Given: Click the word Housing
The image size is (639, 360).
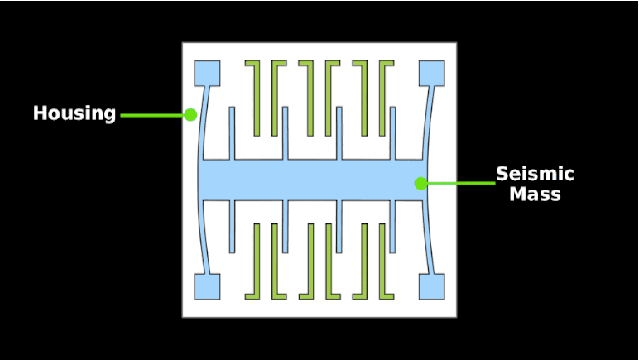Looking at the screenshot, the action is [x=74, y=113].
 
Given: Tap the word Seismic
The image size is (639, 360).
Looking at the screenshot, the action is [x=535, y=175].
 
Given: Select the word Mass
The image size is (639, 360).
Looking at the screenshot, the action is [x=535, y=194].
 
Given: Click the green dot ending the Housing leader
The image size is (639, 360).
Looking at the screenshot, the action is [x=190, y=114].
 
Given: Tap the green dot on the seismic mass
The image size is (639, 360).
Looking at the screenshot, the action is [x=421, y=183].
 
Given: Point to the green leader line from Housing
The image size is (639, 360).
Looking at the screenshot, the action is [x=153, y=115].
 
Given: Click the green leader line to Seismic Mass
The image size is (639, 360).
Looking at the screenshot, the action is [x=460, y=183].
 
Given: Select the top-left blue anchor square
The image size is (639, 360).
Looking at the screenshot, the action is [x=207, y=73].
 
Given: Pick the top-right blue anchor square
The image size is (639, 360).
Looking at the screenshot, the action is [x=431, y=73].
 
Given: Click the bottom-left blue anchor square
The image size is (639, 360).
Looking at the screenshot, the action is [x=207, y=286].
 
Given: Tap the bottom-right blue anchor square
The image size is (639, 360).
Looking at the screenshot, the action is [x=431, y=286].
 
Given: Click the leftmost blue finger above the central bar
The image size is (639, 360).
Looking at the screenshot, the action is [x=232, y=132].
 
